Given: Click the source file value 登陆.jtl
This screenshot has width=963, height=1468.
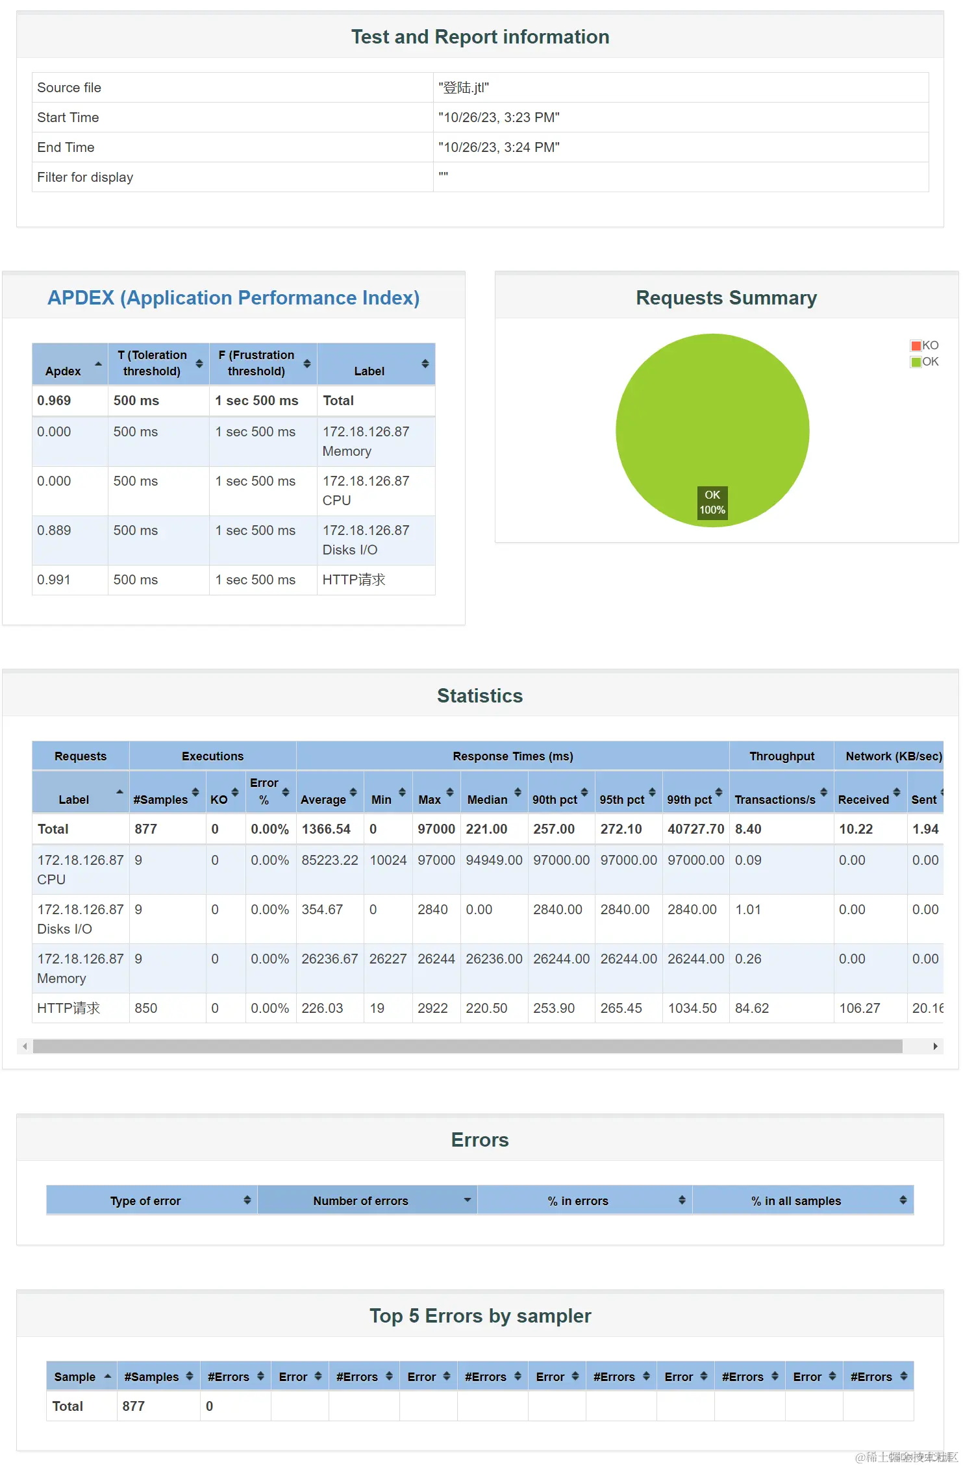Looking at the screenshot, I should pos(464,88).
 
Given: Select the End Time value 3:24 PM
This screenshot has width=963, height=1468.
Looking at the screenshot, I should pos(499,147).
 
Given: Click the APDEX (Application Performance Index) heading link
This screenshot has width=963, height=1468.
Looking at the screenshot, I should pos(233,297).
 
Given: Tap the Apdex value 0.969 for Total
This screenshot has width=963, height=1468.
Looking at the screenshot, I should pos(54,401).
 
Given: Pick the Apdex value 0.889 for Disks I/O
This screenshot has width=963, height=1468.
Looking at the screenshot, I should pos(54,530).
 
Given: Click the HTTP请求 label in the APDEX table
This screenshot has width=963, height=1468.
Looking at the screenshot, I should pos(354,580).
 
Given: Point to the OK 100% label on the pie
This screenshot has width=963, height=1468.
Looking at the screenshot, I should pos(712,503).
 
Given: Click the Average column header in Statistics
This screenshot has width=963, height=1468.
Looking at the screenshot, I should pos(323,799).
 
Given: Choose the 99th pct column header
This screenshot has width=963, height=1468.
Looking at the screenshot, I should pos(690,799).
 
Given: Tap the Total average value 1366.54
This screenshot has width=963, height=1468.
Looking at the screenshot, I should pos(326,829).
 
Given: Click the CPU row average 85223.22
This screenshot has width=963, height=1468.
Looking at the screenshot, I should pos(330,860).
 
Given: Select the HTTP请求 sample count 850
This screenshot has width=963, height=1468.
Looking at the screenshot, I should pos(146,1008).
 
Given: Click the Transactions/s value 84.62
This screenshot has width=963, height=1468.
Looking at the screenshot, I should pos(752,1008).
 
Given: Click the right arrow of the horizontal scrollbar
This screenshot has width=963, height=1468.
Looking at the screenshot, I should pos(935,1046).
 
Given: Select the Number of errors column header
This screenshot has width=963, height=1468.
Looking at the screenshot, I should pos(361,1201).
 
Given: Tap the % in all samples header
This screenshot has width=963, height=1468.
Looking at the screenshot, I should pos(796,1201).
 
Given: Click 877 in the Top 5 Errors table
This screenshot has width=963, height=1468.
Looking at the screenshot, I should pos(134,1406).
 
